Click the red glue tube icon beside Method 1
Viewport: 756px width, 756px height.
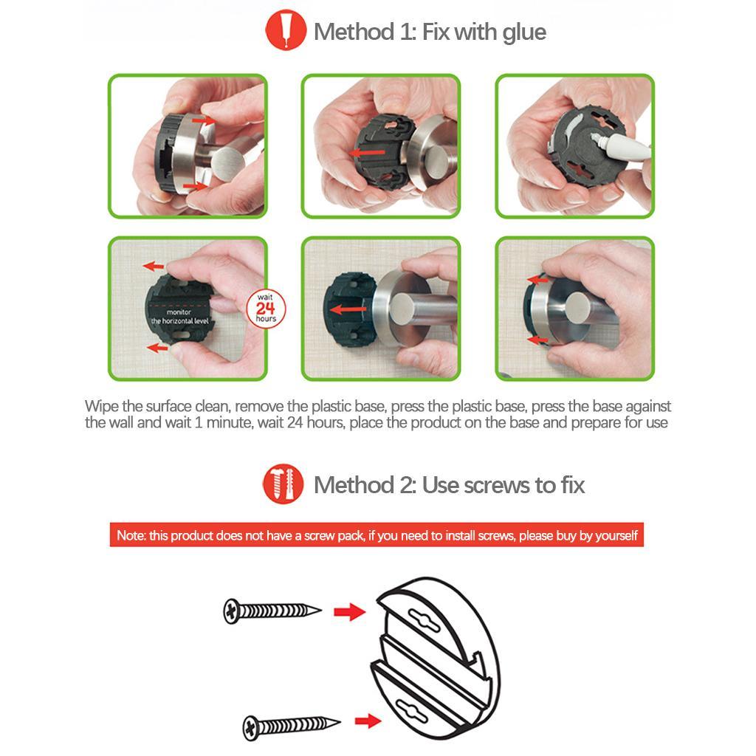[286, 30]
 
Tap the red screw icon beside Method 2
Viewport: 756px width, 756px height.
[283, 484]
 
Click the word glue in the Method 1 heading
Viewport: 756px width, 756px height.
[524, 32]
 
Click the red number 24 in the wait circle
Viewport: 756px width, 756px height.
[265, 309]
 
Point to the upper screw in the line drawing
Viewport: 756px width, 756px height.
[272, 611]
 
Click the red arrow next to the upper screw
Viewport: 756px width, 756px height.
[349, 612]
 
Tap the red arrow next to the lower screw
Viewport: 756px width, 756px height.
[368, 721]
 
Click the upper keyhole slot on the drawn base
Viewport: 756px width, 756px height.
[424, 620]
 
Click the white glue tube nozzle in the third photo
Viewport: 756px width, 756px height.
[599, 140]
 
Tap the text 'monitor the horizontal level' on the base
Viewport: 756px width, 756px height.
[179, 317]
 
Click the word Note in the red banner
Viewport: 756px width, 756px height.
[130, 535]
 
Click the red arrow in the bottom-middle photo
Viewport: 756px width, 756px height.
[348, 309]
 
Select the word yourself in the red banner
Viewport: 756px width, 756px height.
[616, 536]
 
